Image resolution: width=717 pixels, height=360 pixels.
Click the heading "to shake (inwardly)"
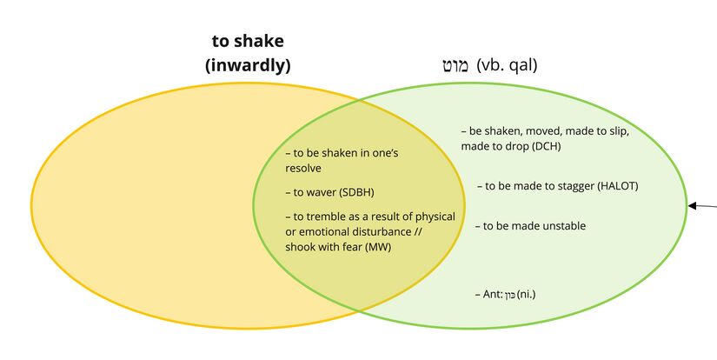pyautogui.click(x=248, y=52)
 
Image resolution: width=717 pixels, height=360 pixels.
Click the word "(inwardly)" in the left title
pyautogui.click(x=248, y=64)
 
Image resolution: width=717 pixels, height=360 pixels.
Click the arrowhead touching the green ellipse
pyautogui.click(x=692, y=206)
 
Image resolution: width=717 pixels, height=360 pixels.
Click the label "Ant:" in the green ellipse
pyautogui.click(x=493, y=295)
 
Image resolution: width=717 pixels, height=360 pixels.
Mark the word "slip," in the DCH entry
pyautogui.click(x=612, y=131)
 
